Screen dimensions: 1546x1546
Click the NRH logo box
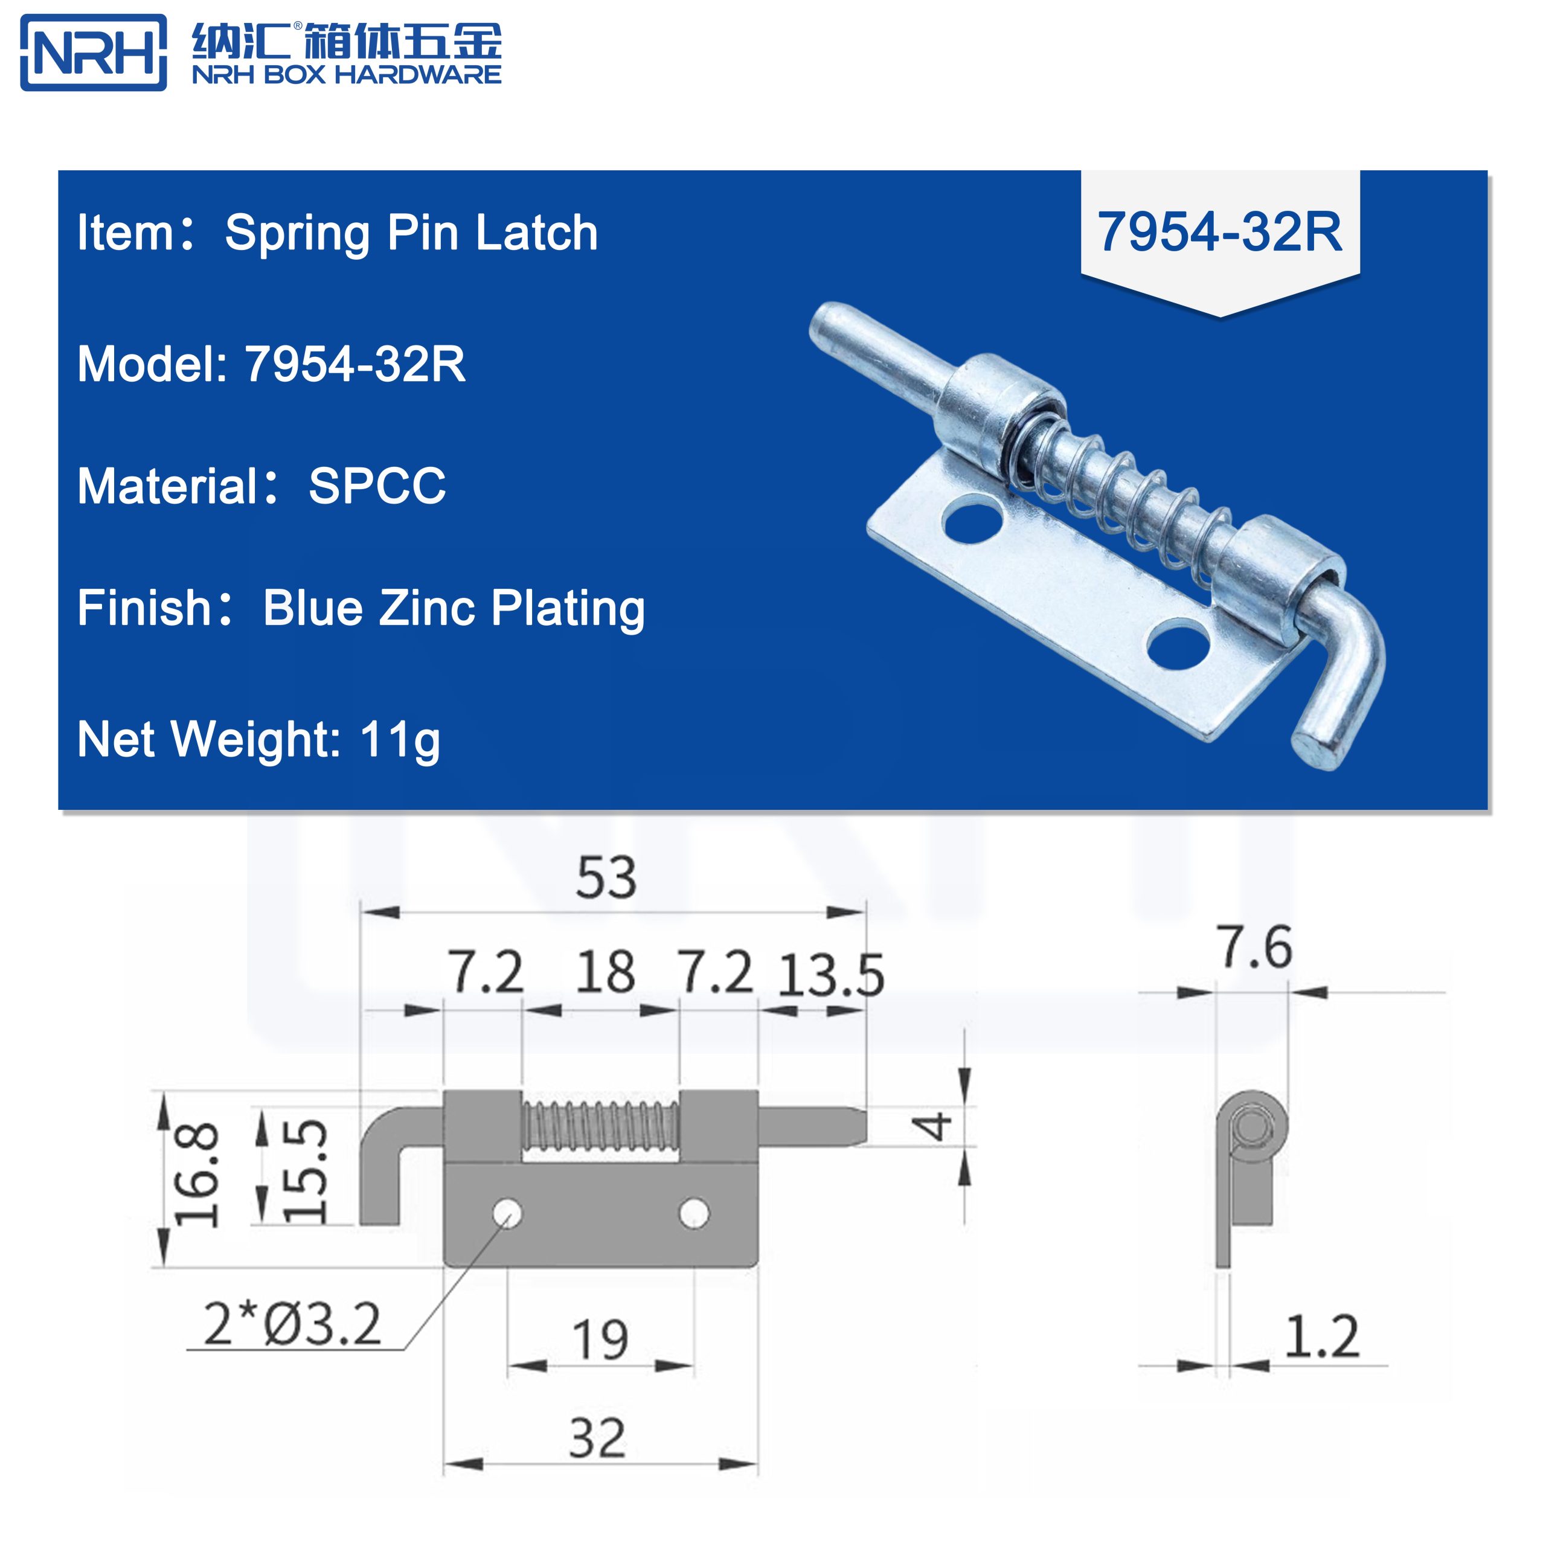click(x=93, y=53)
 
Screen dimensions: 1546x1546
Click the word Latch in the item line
click(x=536, y=233)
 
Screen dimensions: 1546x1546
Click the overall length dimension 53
click(x=606, y=878)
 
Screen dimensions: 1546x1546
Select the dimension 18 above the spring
click(x=605, y=972)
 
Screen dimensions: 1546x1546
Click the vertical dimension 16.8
click(x=197, y=1174)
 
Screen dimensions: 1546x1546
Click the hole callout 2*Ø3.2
click(x=292, y=1324)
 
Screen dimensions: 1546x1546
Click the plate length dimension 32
click(x=597, y=1438)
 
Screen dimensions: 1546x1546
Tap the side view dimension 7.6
click(x=1255, y=948)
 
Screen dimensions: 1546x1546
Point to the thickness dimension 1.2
click(x=1321, y=1336)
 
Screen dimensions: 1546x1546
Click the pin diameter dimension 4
click(x=933, y=1126)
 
